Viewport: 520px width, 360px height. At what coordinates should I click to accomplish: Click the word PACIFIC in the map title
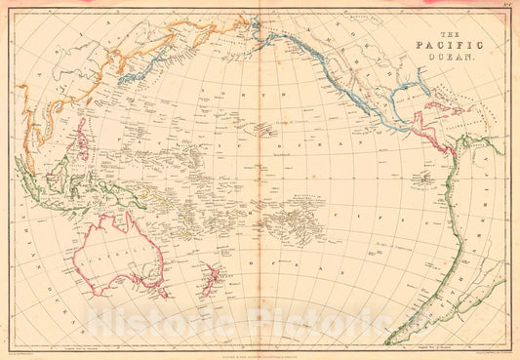447,44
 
